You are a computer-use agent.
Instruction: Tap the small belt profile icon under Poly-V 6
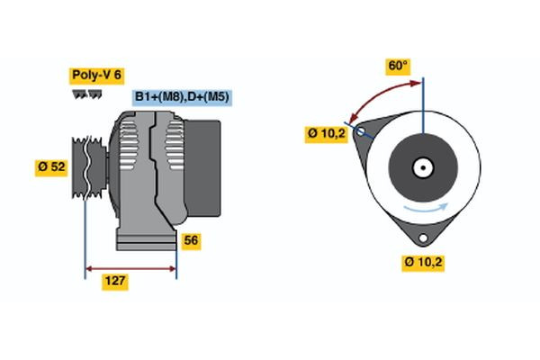tap(86, 93)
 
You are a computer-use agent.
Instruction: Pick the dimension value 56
tap(191, 240)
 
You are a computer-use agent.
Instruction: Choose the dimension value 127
tap(113, 282)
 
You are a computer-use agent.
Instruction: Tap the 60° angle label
tap(398, 66)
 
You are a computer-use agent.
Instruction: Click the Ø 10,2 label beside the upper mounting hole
tap(326, 134)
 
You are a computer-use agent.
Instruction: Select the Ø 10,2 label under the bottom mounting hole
tap(423, 263)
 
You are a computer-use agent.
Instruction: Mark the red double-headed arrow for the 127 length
tap(130, 267)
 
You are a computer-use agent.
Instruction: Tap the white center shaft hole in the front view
tap(422, 167)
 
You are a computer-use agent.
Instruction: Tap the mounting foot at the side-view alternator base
tap(144, 239)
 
